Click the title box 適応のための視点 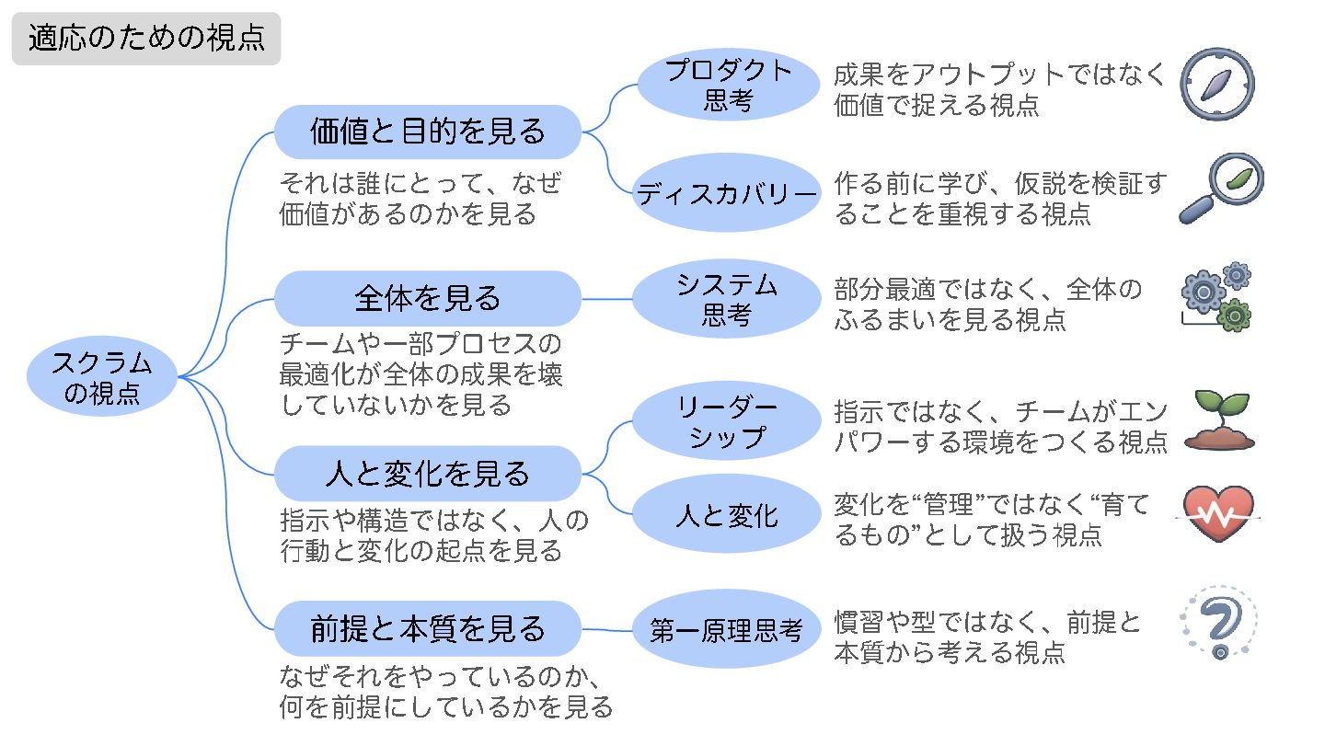click(x=145, y=39)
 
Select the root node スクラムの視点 click(x=102, y=377)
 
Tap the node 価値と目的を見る click(x=428, y=132)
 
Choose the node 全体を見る click(x=428, y=298)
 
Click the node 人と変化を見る click(x=428, y=474)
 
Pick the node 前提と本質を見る click(x=428, y=629)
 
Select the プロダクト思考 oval click(x=727, y=86)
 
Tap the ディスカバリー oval click(x=727, y=193)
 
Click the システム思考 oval click(x=727, y=300)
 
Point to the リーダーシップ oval click(x=727, y=421)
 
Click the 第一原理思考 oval click(x=727, y=631)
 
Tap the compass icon click(x=1217, y=84)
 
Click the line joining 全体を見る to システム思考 click(x=607, y=299)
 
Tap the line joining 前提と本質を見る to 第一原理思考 click(x=607, y=630)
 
